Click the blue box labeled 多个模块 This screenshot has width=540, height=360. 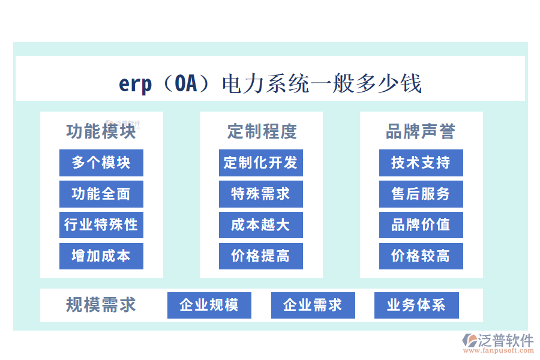point(101,163)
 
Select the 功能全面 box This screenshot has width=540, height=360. point(101,194)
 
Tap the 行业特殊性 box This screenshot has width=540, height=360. point(101,225)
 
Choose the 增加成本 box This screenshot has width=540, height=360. point(101,256)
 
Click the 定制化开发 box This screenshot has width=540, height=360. point(260,163)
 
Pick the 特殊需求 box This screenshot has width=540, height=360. point(260,194)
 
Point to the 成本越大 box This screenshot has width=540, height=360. point(260,225)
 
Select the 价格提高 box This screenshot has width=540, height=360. point(260,256)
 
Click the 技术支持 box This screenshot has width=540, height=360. point(421,163)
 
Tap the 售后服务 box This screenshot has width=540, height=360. point(421,194)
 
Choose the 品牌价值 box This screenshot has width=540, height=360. point(421,225)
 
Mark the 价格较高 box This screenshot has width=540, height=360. point(421,256)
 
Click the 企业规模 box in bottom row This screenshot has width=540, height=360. point(209,305)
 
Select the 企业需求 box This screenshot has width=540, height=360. point(313,305)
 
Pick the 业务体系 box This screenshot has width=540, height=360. point(416,305)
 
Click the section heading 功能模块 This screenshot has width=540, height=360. point(101,131)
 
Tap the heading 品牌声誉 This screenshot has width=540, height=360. point(421,131)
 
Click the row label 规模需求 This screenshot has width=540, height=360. point(101,305)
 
